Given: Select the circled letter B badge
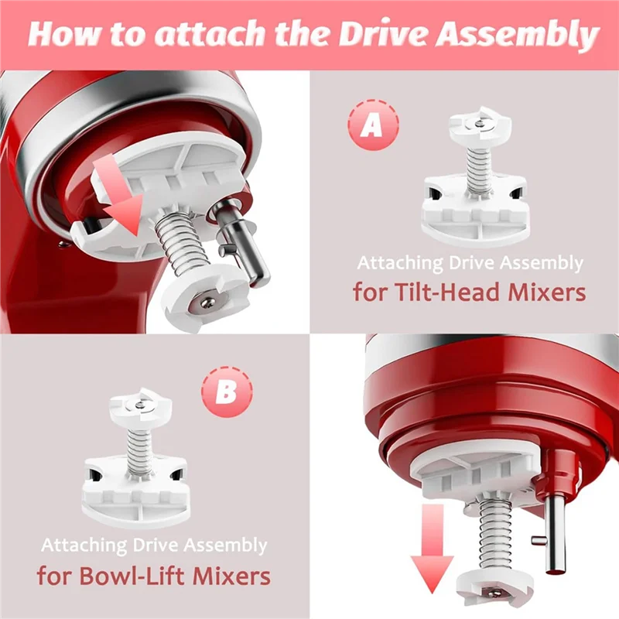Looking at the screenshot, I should point(225,393).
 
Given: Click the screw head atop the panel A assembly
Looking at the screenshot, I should point(481,123).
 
